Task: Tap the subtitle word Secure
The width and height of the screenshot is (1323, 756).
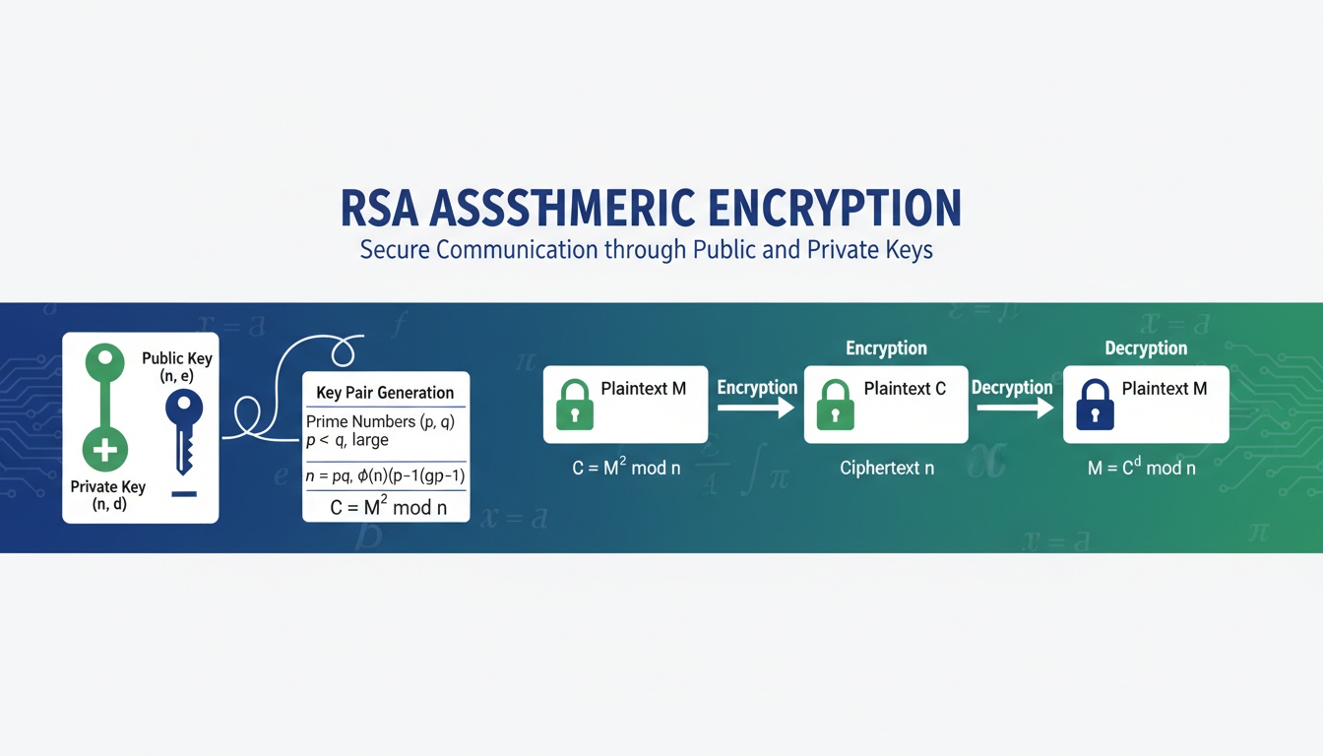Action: click(x=395, y=249)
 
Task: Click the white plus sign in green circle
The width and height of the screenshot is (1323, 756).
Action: click(x=104, y=452)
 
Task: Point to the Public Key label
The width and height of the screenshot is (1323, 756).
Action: click(x=177, y=366)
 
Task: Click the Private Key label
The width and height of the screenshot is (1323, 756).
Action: click(x=107, y=495)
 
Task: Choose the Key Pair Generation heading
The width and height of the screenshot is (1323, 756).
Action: click(x=385, y=393)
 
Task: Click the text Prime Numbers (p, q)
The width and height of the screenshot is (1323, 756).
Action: click(x=380, y=421)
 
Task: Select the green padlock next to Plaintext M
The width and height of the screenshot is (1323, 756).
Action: click(x=575, y=405)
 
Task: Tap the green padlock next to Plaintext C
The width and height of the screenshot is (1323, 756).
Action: click(x=836, y=405)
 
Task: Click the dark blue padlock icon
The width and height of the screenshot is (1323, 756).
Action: click(x=1095, y=405)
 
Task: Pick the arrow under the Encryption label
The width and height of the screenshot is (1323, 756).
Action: click(x=756, y=407)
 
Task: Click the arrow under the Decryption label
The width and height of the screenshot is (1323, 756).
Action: click(x=1013, y=407)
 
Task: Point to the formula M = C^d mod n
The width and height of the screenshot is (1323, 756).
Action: click(x=1141, y=468)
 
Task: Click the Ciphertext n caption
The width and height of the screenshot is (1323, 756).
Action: click(x=887, y=468)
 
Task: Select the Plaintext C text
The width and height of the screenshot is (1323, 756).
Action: click(x=905, y=389)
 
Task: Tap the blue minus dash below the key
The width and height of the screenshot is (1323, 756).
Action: click(x=184, y=493)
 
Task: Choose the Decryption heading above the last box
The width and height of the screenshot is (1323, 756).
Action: click(x=1146, y=348)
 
